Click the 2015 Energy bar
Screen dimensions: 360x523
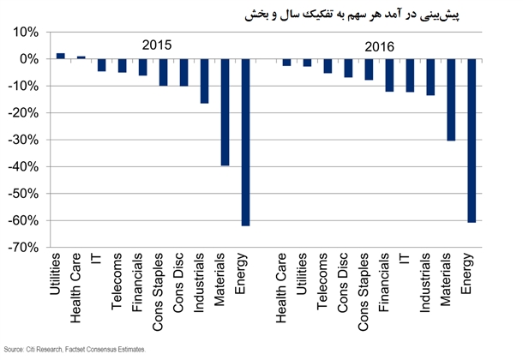245,141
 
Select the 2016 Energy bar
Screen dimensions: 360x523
471,141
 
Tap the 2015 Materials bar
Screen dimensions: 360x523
225,111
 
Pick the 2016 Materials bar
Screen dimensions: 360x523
450,99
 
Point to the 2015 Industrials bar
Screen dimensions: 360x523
204,81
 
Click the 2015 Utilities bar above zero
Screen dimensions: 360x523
60,56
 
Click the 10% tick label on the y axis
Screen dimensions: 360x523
25,33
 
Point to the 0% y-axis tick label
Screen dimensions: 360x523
28,59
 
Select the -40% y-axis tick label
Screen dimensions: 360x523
23,166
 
